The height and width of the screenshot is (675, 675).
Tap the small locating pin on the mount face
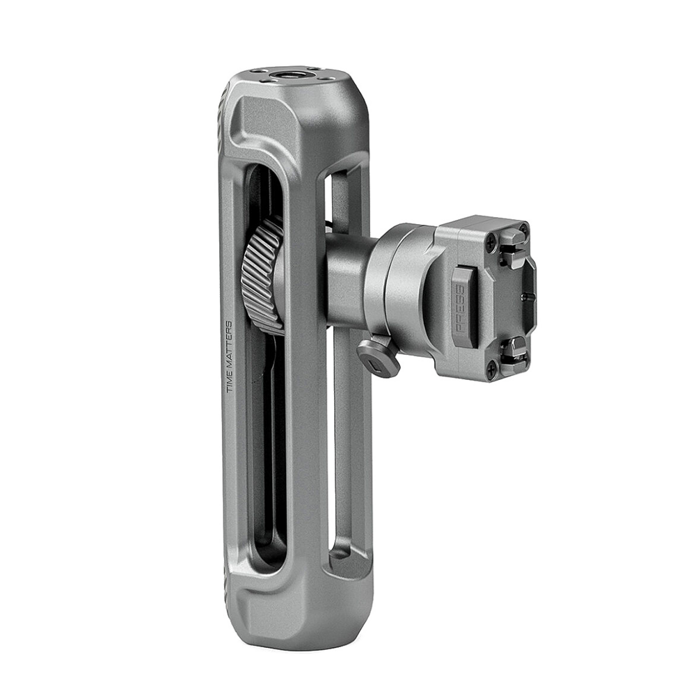pos(527,295)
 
